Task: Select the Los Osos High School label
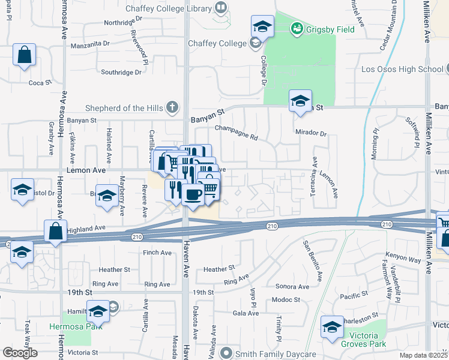click(402, 69)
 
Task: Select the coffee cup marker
click(193, 194)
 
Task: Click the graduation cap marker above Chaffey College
click(262, 26)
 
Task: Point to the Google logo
click(20, 353)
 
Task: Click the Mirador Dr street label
click(310, 133)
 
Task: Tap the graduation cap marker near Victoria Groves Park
click(331, 327)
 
